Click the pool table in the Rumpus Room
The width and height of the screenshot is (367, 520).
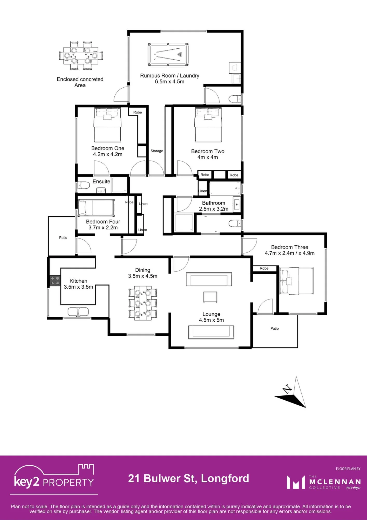pyautogui.click(x=168, y=54)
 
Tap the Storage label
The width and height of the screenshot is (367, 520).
pyautogui.click(x=157, y=151)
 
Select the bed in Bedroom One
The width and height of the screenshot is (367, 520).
pyautogui.click(x=107, y=125)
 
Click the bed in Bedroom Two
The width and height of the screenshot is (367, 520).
pyautogui.click(x=208, y=125)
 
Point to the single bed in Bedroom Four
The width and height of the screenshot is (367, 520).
pyautogui.click(x=96, y=208)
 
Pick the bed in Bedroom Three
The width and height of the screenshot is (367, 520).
pyautogui.click(x=296, y=281)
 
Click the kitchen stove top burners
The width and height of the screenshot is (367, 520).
pyautogui.click(x=55, y=281)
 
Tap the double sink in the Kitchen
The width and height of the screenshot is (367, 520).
pyautogui.click(x=78, y=312)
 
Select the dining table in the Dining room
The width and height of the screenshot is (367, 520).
pyautogui.click(x=143, y=303)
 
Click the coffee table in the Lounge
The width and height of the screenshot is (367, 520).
pyautogui.click(x=210, y=297)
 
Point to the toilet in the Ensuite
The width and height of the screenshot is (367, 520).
pyautogui.click(x=84, y=185)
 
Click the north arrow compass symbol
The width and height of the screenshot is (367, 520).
pyautogui.click(x=292, y=392)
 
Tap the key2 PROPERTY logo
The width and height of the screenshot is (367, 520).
pyautogui.click(x=54, y=479)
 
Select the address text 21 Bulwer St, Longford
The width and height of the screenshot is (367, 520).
pyautogui.click(x=189, y=478)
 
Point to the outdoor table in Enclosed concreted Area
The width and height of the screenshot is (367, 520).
pyautogui.click(x=81, y=56)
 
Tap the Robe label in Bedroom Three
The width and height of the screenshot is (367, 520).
pyautogui.click(x=264, y=268)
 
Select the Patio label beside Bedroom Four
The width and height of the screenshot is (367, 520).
pyautogui.click(x=63, y=238)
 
